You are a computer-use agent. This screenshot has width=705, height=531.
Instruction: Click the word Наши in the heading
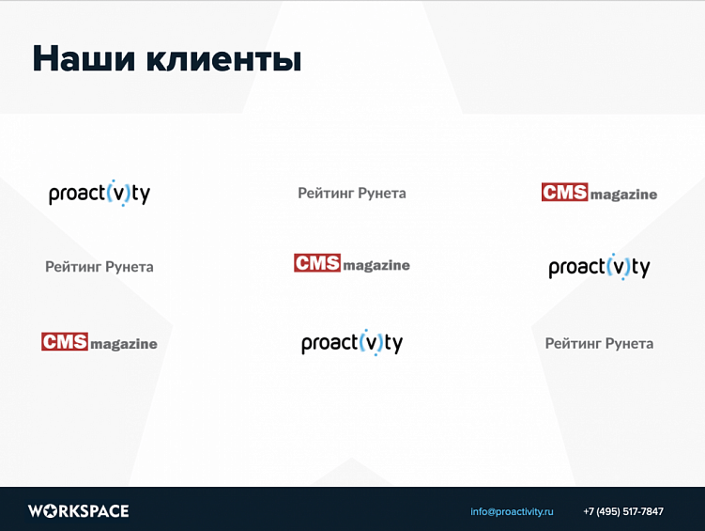click(x=84, y=59)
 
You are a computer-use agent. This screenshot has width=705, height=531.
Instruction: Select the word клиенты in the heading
click(x=223, y=59)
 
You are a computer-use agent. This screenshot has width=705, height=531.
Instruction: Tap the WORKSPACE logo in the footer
click(x=78, y=511)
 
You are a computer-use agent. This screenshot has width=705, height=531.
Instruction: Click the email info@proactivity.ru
click(x=512, y=511)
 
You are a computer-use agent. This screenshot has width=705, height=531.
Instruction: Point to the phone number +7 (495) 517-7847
click(x=622, y=511)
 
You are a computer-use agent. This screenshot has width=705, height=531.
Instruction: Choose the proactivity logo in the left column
click(x=100, y=194)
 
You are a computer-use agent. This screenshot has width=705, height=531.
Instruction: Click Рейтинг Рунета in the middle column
click(x=352, y=193)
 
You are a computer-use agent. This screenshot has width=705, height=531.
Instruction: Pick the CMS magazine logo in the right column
click(x=599, y=193)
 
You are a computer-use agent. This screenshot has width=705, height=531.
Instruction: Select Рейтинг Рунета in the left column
click(x=100, y=267)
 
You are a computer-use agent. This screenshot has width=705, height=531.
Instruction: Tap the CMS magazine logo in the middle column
click(x=352, y=264)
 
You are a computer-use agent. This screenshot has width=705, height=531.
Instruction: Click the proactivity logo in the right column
click(x=599, y=267)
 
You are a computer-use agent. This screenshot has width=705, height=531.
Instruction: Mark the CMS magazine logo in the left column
click(x=100, y=342)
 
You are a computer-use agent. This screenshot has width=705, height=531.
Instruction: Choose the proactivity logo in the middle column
click(x=352, y=343)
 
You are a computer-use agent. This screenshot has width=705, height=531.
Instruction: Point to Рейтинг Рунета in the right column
click(x=599, y=343)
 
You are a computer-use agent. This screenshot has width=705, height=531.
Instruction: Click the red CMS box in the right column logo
click(x=564, y=192)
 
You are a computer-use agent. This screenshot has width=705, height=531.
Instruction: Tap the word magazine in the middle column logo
click(x=376, y=266)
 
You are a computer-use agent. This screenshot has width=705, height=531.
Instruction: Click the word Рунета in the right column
click(x=629, y=343)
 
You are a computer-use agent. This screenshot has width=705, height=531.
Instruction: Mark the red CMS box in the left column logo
click(x=64, y=341)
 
